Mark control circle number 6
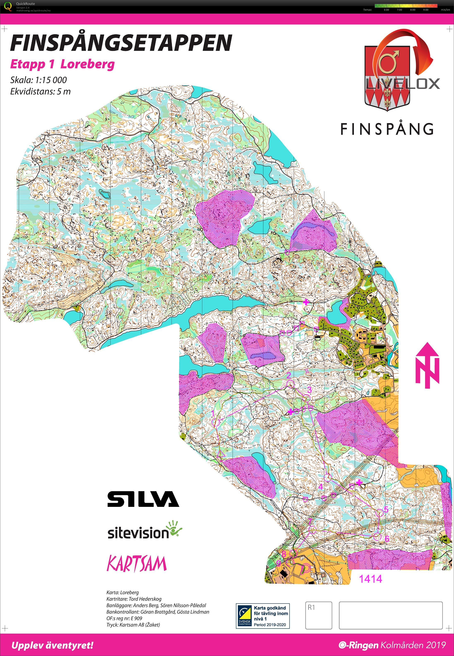[377, 537]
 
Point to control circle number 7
[313, 530]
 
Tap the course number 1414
[370, 579]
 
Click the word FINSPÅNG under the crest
[387, 129]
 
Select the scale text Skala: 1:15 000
[38, 80]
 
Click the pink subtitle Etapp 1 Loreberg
[62, 64]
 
